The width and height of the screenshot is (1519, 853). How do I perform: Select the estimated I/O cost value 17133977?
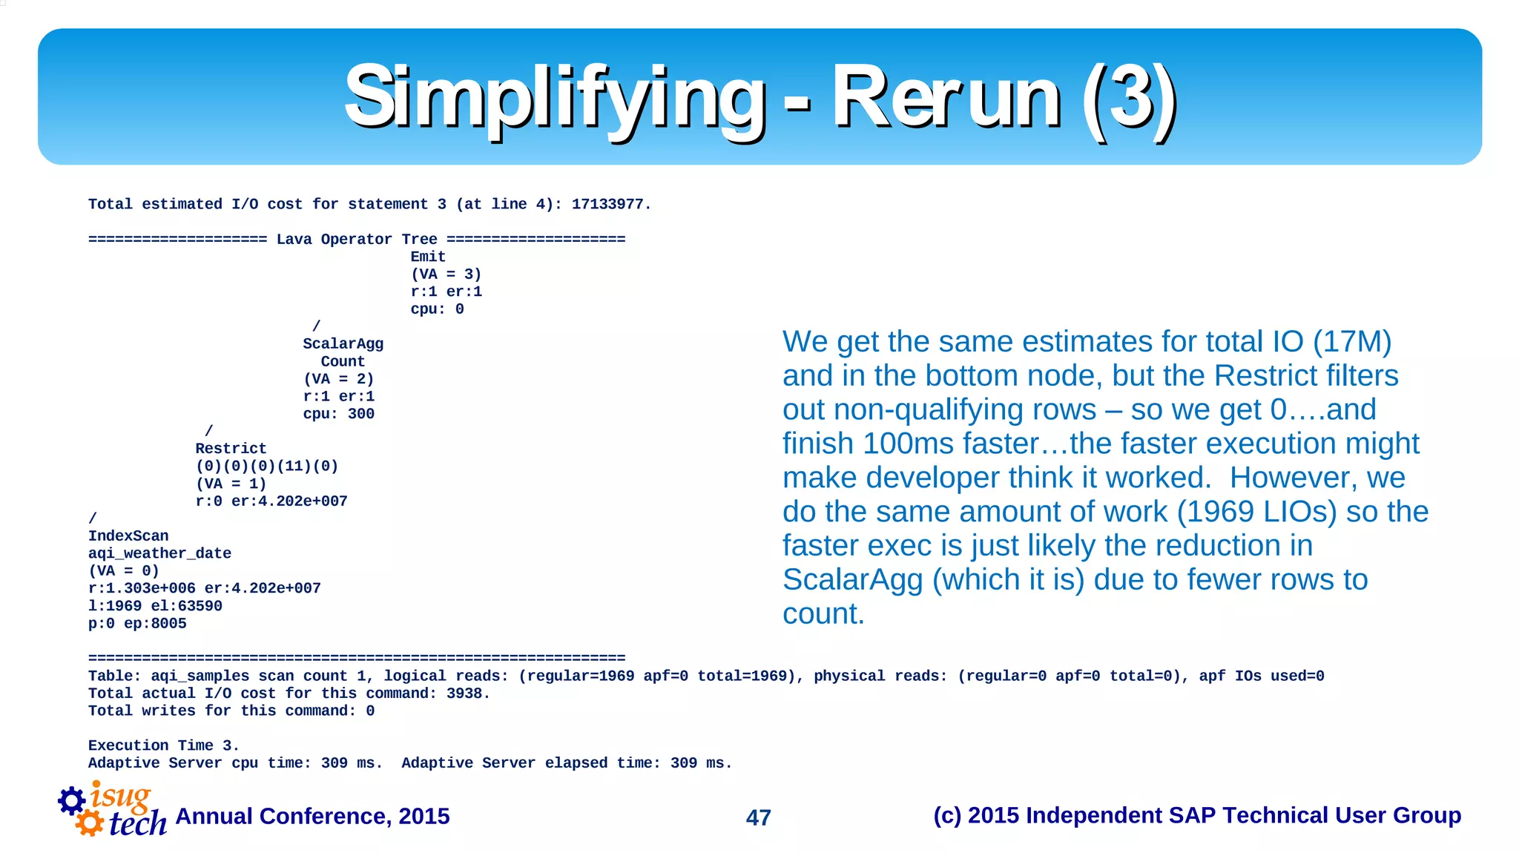point(610,204)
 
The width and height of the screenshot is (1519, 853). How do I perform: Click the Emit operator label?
point(428,257)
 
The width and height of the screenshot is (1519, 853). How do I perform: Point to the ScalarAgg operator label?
point(343,344)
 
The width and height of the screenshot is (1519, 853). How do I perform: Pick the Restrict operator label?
point(231,449)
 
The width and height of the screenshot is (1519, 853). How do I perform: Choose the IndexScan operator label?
point(128,536)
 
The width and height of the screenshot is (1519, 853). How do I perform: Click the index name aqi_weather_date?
point(159,553)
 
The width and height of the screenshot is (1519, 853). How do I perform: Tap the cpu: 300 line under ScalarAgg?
point(338,414)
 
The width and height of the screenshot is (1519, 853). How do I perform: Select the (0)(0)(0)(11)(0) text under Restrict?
point(267,466)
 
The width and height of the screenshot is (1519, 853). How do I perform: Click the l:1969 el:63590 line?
point(155,606)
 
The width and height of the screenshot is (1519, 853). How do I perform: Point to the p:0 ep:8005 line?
point(137,624)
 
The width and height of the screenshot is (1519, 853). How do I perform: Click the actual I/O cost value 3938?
point(467,694)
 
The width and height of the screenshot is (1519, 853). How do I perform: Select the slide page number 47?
point(758,817)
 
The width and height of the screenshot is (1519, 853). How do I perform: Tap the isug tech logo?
point(113,810)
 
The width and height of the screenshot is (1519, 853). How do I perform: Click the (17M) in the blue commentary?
point(1352,342)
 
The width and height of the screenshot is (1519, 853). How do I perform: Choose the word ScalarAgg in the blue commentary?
point(852,580)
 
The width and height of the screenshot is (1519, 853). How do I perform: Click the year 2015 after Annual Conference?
point(424,816)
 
